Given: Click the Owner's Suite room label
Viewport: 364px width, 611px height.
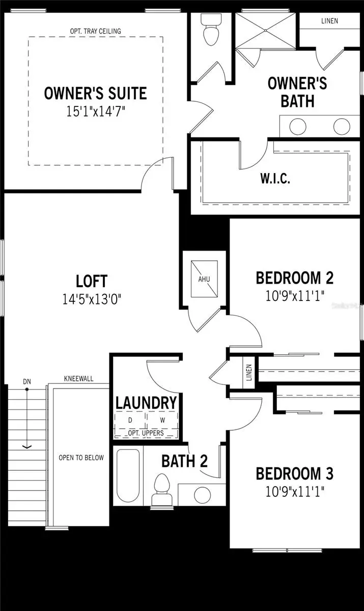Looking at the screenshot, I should coord(95,93).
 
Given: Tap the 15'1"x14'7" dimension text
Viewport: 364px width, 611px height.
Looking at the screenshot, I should coord(95,111).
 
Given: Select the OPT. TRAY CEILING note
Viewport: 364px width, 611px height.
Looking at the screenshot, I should coord(95,31).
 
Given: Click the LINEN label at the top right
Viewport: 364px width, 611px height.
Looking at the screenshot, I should coord(329,21).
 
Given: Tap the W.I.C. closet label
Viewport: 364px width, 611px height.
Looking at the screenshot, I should coord(275,179).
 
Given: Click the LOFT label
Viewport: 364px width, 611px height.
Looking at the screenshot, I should coord(92,281).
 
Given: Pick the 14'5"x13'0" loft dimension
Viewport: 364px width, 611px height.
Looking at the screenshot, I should coord(92,297).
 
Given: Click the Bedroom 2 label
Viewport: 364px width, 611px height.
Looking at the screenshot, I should coord(294,278).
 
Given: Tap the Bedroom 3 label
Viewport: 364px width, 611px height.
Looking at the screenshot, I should coord(294,474).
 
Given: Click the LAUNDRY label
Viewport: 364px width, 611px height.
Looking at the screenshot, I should coord(146,402).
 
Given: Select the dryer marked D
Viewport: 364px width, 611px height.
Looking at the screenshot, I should coord(130,421).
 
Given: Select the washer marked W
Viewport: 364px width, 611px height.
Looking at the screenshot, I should coord(162,421).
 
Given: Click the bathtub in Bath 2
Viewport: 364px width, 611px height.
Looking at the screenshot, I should coord(128,476).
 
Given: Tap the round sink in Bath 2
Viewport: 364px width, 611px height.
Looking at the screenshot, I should coord(203,493).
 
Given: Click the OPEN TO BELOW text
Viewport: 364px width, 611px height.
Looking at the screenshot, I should coord(81,457).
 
